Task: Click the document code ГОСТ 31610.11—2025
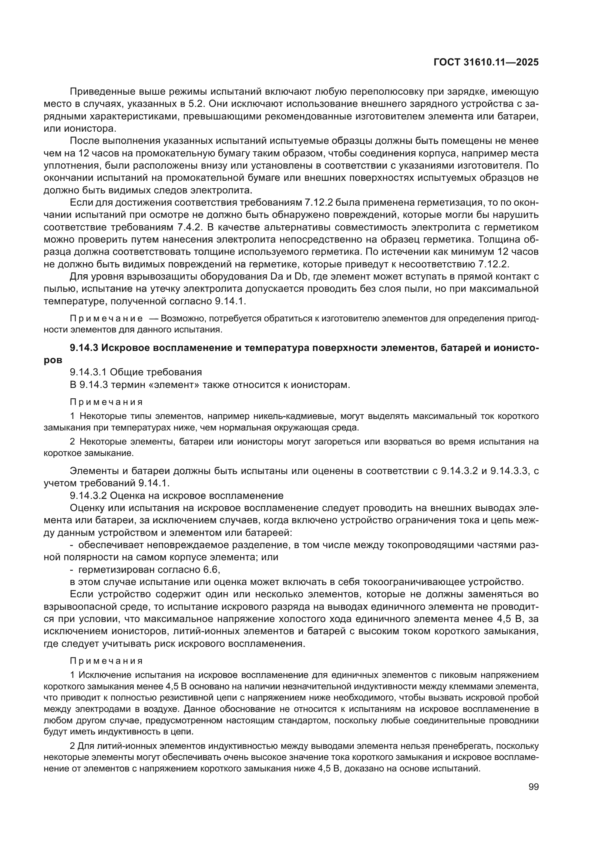(x=486, y=62)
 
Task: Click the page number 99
(x=534, y=787)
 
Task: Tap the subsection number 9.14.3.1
(x=88, y=372)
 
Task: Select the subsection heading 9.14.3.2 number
(x=88, y=496)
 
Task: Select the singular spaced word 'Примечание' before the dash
(x=106, y=319)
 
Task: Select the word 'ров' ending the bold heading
(x=53, y=360)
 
